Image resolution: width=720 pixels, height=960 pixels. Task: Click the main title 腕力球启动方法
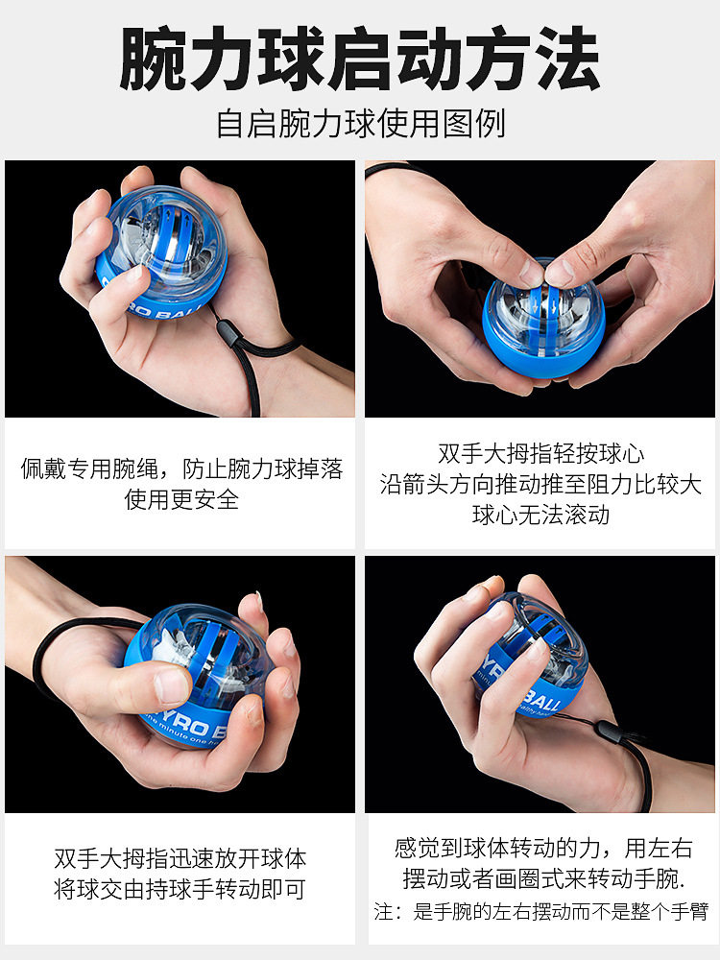click(360, 59)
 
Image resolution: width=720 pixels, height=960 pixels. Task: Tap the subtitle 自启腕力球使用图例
click(360, 124)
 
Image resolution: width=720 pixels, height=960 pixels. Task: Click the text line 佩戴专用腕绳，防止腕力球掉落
click(181, 469)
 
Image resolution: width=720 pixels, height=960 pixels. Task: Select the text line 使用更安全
click(181, 499)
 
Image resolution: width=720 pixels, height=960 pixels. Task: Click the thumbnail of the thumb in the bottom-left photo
click(174, 685)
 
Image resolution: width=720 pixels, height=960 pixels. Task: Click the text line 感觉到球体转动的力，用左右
click(542, 848)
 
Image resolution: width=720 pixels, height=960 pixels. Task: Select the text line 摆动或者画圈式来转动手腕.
click(542, 878)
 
